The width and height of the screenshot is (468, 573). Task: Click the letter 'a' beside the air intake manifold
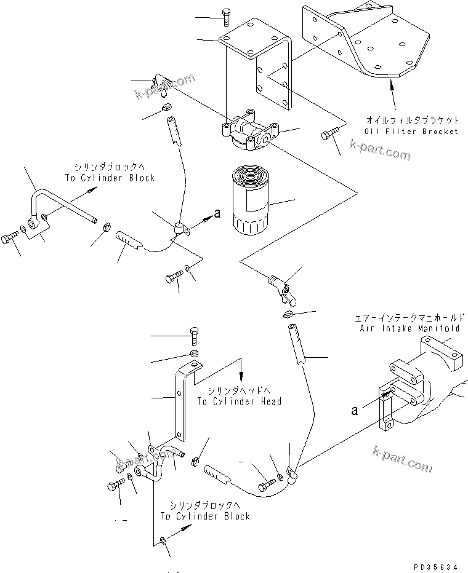[355, 411]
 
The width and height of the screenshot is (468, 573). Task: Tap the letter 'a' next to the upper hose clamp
[216, 213]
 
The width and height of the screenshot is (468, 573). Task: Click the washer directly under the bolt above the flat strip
[193, 354]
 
